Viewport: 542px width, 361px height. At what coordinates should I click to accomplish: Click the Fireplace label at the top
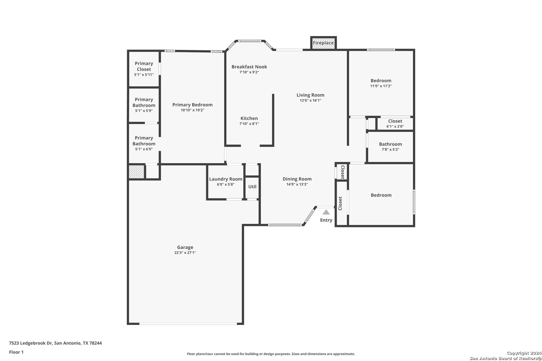pyautogui.click(x=323, y=43)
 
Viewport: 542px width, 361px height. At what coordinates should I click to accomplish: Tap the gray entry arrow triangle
pyautogui.click(x=326, y=212)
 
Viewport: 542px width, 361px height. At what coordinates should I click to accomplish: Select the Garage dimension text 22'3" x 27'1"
pyautogui.click(x=185, y=253)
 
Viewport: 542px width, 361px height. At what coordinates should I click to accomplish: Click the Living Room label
pyautogui.click(x=310, y=95)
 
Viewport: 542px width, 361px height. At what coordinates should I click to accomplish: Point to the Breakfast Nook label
pyautogui.click(x=249, y=67)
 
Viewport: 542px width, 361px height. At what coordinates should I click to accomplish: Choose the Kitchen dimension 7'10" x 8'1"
pyautogui.click(x=249, y=124)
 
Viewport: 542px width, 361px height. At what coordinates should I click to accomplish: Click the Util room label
pyautogui.click(x=252, y=187)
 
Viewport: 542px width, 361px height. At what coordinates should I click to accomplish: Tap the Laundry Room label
pyautogui.click(x=226, y=179)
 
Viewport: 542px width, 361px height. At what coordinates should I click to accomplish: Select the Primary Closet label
pyautogui.click(x=144, y=66)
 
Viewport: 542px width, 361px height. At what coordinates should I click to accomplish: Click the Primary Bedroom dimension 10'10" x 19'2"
pyautogui.click(x=193, y=110)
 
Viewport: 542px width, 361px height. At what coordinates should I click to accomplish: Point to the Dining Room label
pyautogui.click(x=297, y=179)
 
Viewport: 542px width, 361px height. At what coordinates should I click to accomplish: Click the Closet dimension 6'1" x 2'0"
pyautogui.click(x=395, y=126)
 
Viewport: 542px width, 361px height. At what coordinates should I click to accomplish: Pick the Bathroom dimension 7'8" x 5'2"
pyautogui.click(x=390, y=149)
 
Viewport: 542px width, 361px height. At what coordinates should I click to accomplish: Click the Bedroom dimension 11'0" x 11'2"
pyautogui.click(x=381, y=86)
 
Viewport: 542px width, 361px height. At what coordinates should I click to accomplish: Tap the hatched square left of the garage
pyautogui.click(x=137, y=172)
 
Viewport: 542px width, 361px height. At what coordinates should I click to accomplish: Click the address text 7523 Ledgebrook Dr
pyautogui.click(x=30, y=343)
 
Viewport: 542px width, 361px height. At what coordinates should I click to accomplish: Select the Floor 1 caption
pyautogui.click(x=16, y=352)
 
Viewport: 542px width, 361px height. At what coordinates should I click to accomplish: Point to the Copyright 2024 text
pyautogui.click(x=524, y=353)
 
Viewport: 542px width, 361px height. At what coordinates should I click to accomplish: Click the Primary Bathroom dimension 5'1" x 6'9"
pyautogui.click(x=144, y=149)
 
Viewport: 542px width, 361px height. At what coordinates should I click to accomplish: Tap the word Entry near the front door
pyautogui.click(x=326, y=220)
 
